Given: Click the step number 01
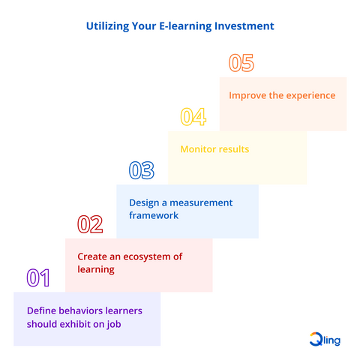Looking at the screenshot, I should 38,278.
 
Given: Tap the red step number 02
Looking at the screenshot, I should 90,224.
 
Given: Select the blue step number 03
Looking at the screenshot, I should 141,171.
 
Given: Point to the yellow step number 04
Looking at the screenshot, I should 193,117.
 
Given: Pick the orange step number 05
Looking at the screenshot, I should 241,63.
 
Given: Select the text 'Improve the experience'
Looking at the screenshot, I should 282,95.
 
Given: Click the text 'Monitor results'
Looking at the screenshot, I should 214,149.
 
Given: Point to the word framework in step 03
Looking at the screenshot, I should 154,215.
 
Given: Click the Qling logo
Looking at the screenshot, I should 325,339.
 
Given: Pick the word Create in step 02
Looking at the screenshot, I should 91,256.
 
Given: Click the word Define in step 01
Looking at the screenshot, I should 41,310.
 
